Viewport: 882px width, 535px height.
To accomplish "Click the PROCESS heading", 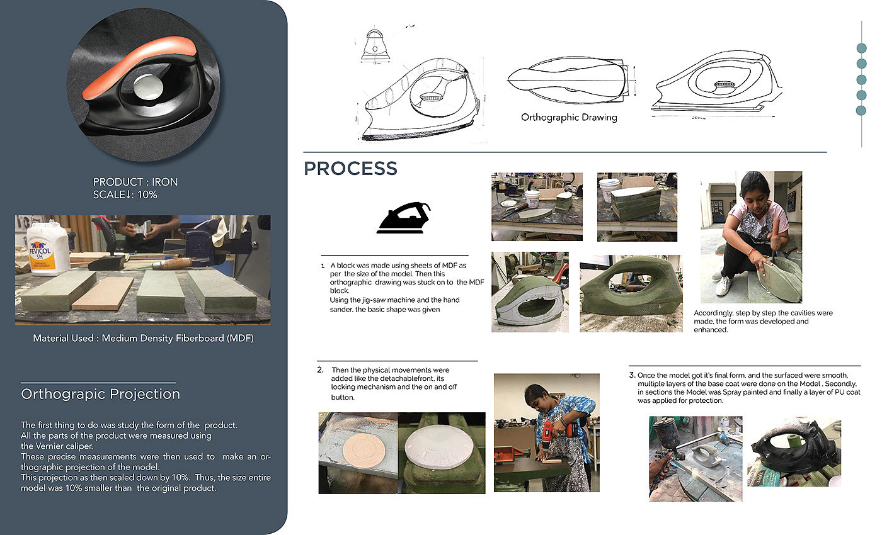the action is point(350,169).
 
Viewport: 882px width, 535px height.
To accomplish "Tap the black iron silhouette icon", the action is point(404,218).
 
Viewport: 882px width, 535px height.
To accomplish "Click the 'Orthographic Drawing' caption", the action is point(569,117).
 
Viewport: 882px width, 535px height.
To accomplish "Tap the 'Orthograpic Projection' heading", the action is point(100,394).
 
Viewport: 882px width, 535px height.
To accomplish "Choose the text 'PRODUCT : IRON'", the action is point(135,182).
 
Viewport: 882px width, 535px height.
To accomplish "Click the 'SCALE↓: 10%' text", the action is point(125,194).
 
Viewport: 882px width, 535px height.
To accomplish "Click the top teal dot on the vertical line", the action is point(862,48).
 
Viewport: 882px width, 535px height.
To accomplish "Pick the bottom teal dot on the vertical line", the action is point(861,111).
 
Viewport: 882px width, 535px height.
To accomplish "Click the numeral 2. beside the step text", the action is point(320,370).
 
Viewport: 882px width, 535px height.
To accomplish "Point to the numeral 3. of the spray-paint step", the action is point(633,375).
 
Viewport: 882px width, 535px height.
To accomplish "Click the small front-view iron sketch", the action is point(375,46).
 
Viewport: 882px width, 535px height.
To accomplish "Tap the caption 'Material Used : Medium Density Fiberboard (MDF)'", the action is point(144,339).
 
